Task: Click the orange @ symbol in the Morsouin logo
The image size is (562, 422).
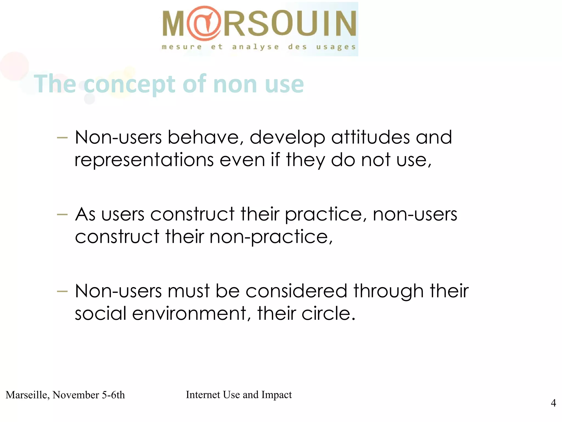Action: [204, 23]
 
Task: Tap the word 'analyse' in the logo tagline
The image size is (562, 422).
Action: [255, 47]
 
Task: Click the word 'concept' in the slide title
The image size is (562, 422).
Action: [129, 84]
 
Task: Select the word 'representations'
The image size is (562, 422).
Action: [144, 160]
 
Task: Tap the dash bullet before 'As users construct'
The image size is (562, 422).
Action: [62, 215]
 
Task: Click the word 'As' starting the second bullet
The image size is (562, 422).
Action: [85, 214]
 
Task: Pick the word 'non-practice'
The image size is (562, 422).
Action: [270, 237]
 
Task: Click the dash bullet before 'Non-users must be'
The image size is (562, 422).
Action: [62, 291]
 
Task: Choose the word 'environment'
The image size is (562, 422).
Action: [189, 314]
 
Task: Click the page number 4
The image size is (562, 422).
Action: [553, 403]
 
